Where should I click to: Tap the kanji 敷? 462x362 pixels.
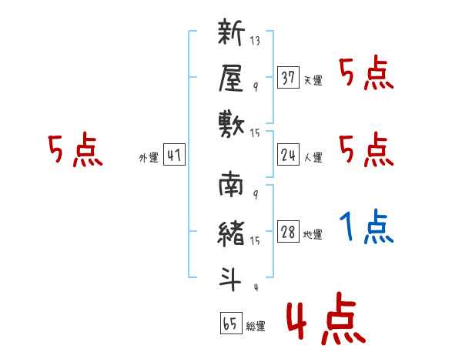232,123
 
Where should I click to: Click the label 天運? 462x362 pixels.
313,80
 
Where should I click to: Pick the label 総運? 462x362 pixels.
255,327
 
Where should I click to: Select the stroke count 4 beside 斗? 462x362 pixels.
255,288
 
